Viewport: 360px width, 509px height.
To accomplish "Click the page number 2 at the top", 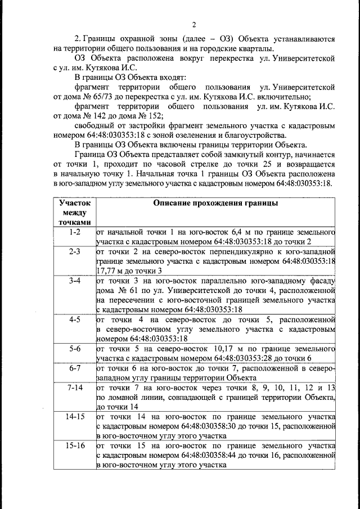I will (193, 24).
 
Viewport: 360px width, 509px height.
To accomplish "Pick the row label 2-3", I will (74, 251).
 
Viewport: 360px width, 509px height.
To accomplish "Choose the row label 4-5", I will (74, 319).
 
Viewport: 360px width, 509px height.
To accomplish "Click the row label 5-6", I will (74, 349).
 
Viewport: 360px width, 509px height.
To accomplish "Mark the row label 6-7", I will (74, 368).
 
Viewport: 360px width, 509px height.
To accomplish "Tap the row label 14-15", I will (74, 417).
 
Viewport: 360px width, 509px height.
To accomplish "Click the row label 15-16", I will (74, 446).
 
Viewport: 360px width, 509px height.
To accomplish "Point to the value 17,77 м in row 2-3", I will (112, 271).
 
